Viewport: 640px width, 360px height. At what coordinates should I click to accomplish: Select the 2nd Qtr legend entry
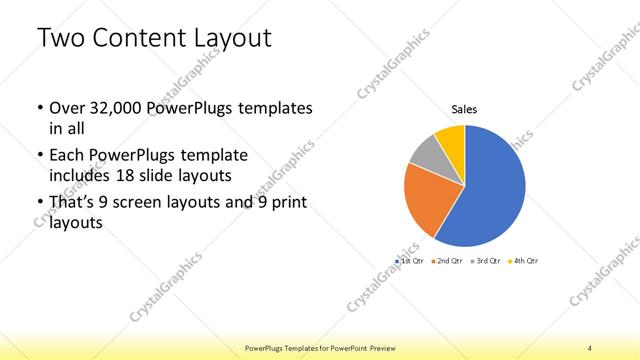(x=449, y=260)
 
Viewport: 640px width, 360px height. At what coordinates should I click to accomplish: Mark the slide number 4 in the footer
(x=590, y=347)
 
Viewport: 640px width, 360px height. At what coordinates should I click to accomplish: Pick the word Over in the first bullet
(x=66, y=108)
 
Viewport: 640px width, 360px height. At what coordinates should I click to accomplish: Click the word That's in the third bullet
(x=73, y=204)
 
